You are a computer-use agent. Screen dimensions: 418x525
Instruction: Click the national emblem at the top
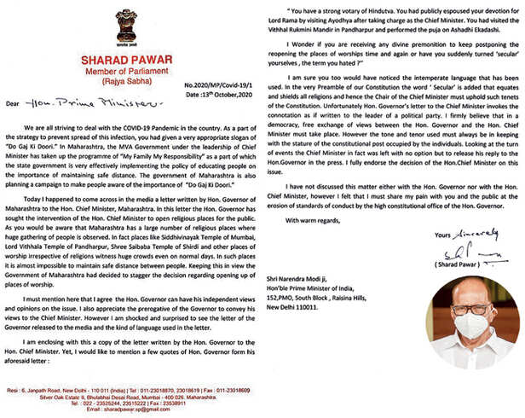128,28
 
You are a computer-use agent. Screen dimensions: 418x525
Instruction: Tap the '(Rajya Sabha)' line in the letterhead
129,87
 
